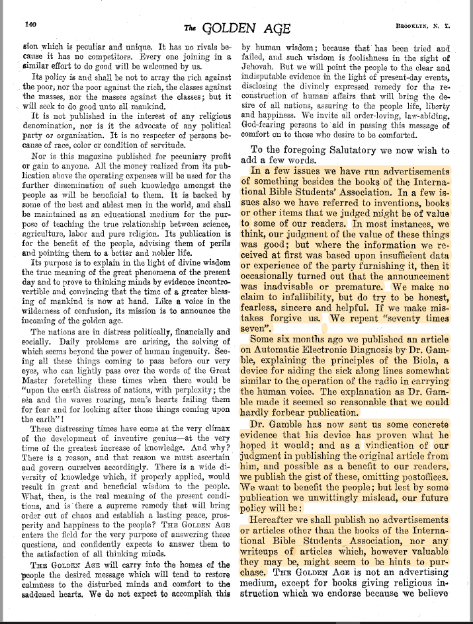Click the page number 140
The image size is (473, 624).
point(30,24)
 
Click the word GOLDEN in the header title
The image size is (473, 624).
point(228,27)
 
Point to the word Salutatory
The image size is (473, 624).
point(336,150)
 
